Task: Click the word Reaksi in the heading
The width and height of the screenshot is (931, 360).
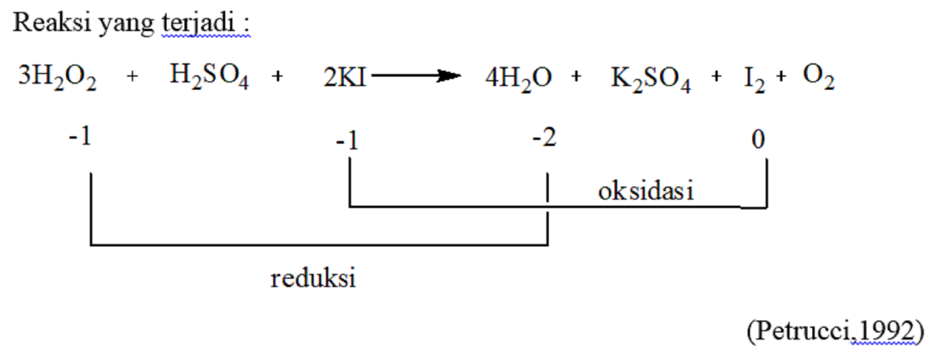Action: click(52, 23)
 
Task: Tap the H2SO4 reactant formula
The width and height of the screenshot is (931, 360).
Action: click(209, 76)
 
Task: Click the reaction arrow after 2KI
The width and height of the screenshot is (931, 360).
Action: click(416, 76)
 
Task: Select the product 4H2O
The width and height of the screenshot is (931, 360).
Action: click(518, 77)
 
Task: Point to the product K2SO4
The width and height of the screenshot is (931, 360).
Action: click(651, 77)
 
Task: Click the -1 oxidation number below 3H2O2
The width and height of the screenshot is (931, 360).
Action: click(80, 137)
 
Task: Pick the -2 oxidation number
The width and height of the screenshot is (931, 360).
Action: click(545, 138)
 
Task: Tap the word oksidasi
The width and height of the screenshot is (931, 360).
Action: click(646, 191)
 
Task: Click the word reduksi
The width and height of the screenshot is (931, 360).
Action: click(313, 278)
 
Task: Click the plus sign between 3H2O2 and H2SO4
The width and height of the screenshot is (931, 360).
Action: click(133, 76)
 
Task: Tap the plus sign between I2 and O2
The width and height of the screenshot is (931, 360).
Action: click(781, 76)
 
